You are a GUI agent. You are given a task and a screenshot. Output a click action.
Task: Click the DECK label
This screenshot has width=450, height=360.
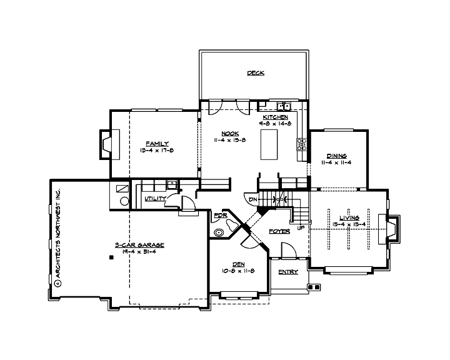tap(256, 73)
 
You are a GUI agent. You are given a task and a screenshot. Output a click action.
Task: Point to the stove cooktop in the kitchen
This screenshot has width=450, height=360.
tap(301, 144)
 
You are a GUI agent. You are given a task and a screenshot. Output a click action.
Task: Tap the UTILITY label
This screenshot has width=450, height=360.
tap(155, 199)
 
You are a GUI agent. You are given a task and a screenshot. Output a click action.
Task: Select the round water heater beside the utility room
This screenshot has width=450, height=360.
tap(124, 201)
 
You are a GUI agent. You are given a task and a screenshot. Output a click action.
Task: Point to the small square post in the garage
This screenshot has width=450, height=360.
tap(111, 257)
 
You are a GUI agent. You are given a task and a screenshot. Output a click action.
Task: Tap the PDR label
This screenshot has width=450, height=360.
tap(220, 216)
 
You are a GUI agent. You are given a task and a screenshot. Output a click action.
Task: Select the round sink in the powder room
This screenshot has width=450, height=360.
tap(219, 232)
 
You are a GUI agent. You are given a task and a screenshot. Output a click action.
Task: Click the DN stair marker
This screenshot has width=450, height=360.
tap(253, 199)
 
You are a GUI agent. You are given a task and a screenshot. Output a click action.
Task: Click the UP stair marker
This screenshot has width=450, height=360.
tap(300, 227)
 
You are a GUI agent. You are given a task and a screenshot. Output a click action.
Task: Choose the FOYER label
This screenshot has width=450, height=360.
tap(279, 231)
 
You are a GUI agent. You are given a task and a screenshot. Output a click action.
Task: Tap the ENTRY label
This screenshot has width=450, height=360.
tap(287, 272)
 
